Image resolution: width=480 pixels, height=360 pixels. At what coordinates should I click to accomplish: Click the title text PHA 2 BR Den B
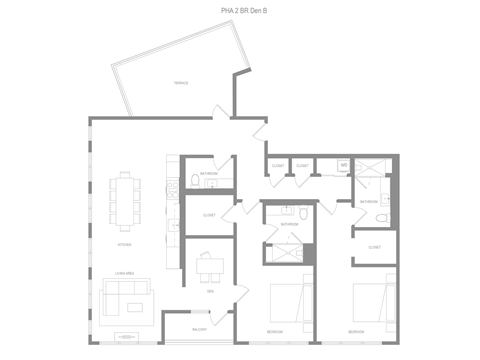coord(244,11)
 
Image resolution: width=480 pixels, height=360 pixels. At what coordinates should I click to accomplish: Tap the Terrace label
coord(181,83)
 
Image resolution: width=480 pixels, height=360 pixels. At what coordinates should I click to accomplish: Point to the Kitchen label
coord(124,243)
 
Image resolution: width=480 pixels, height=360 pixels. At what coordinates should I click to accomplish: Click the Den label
coord(210,291)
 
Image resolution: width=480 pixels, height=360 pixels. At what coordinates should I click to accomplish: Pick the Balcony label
coord(200,330)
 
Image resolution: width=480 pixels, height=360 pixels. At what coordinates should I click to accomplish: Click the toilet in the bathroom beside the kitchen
coord(194,181)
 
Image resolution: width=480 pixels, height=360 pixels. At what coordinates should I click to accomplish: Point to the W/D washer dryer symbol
coord(343,165)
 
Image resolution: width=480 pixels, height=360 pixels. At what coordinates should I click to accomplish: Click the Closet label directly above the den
coord(209,215)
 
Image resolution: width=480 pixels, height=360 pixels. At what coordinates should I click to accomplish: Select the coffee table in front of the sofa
coord(125,334)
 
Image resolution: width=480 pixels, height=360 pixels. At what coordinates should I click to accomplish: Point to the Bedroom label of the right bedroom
coord(356,331)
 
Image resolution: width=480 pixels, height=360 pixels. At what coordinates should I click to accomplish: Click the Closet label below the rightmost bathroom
coord(374,246)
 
